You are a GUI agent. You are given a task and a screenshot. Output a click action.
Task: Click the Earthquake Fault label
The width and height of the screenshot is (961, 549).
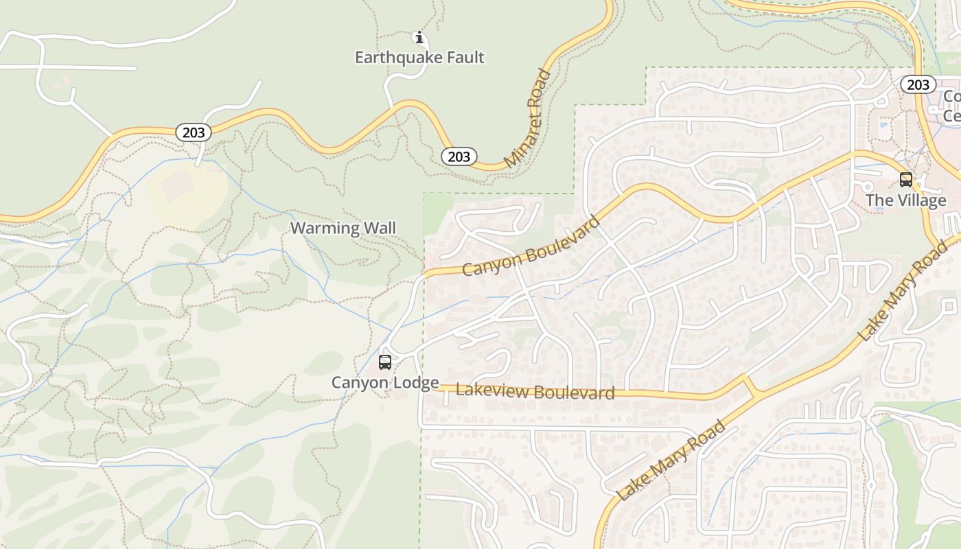419,58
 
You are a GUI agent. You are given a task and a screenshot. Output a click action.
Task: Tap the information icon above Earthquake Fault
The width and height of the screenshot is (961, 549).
419,37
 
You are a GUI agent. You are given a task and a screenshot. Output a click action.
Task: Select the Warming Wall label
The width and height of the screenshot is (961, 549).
343,228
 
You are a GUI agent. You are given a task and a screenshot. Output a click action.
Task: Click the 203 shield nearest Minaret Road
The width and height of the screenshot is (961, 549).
459,156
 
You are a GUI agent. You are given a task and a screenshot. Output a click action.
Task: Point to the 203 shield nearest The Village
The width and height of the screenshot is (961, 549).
918,84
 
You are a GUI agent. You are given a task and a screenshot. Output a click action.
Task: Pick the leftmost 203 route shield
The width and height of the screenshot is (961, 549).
194,132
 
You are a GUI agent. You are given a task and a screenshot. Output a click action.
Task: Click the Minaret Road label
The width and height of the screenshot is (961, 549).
529,119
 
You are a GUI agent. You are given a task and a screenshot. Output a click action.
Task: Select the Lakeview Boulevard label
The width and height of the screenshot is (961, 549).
535,392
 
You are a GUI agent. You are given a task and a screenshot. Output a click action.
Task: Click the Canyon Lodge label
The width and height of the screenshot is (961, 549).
385,382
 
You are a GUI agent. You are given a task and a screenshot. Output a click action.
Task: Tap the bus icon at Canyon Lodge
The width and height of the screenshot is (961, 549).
385,362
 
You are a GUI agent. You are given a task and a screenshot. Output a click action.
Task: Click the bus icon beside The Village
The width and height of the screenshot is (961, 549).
906,180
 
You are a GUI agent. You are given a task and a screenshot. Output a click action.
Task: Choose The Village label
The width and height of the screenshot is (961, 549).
905,200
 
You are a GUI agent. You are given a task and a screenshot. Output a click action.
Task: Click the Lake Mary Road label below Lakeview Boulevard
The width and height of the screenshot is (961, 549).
671,460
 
